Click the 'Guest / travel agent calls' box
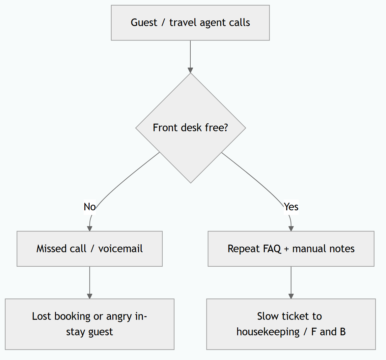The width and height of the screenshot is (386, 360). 190,23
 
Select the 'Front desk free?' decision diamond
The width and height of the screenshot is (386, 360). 191,128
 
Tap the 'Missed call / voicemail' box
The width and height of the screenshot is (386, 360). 90,249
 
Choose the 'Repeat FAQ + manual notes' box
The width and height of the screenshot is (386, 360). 291,249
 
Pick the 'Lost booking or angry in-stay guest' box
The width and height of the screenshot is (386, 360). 90,324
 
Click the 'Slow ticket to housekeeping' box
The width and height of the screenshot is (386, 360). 291,324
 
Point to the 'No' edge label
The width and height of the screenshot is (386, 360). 90,207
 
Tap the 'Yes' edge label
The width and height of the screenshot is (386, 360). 291,207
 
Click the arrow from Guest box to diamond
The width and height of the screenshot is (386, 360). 190,57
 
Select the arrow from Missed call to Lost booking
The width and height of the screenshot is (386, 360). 90,283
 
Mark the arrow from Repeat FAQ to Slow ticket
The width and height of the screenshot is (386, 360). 291,283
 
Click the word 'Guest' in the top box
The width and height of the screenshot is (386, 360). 144,23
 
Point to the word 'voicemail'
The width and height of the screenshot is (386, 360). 121,249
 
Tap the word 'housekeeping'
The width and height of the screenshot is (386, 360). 268,332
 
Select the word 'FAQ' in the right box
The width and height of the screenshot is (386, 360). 272,249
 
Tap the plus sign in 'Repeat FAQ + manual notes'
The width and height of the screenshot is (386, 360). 286,249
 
